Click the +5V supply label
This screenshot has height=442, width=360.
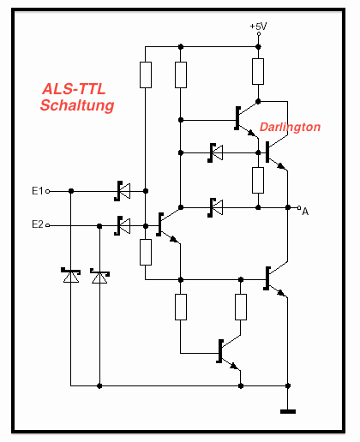pyautogui.click(x=258, y=27)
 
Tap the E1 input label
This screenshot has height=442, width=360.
pyautogui.click(x=37, y=190)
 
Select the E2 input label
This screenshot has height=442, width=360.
pyautogui.click(x=38, y=224)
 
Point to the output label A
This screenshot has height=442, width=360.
pyautogui.click(x=305, y=212)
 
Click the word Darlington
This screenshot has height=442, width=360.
pyautogui.click(x=290, y=127)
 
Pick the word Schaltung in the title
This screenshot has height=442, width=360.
pyautogui.click(x=77, y=105)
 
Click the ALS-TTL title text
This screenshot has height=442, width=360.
pyautogui.click(x=74, y=89)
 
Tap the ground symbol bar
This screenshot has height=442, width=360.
pyautogui.click(x=288, y=411)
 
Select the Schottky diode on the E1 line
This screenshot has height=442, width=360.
pyautogui.click(x=123, y=191)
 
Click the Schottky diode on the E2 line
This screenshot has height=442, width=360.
pyautogui.click(x=123, y=226)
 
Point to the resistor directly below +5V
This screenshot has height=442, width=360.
pyautogui.click(x=258, y=71)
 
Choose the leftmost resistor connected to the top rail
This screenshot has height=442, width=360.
pyautogui.click(x=146, y=75)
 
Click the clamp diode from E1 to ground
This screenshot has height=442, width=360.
pyautogui.click(x=71, y=276)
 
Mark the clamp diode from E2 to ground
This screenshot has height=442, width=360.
pyautogui.click(x=99, y=276)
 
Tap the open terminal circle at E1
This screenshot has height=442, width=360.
pyautogui.click(x=48, y=191)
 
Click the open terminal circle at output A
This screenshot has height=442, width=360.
pyautogui.click(x=299, y=207)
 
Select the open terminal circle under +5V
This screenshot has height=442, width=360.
pyautogui.click(x=259, y=33)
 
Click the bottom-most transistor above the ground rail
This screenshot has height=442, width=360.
pyautogui.click(x=229, y=353)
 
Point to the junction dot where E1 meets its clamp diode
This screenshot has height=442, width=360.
pyautogui.click(x=71, y=191)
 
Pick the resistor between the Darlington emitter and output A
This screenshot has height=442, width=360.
pyautogui.click(x=258, y=180)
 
